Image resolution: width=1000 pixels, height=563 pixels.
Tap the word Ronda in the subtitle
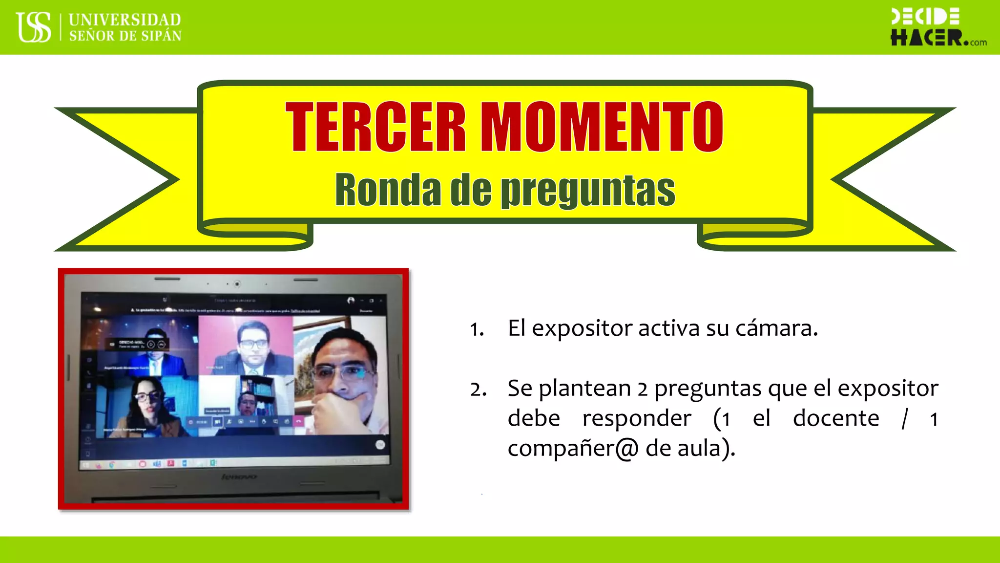(x=388, y=190)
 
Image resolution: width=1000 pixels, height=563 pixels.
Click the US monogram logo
(x=34, y=27)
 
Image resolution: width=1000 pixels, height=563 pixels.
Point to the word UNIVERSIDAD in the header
(x=125, y=20)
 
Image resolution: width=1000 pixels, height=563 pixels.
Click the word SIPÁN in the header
(x=161, y=36)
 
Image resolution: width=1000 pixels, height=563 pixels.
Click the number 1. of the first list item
(x=477, y=329)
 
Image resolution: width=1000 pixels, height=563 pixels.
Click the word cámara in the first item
(x=776, y=328)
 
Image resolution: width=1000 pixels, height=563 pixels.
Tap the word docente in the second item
(x=836, y=418)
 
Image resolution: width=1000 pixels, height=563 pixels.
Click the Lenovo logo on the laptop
(x=239, y=476)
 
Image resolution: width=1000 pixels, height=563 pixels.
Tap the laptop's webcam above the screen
(x=237, y=283)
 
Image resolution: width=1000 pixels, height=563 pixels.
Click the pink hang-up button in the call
(x=299, y=421)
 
